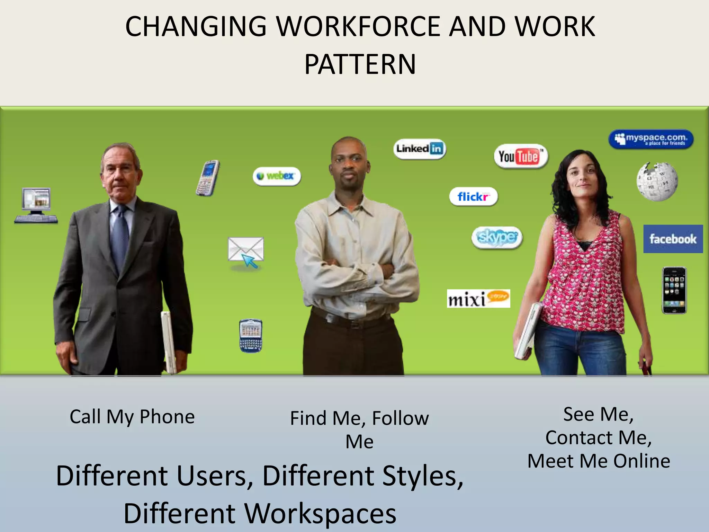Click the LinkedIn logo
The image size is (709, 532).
[x=420, y=149]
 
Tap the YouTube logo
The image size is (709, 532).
[x=520, y=156]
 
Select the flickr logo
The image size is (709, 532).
[x=473, y=197]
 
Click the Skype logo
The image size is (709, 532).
[x=497, y=238]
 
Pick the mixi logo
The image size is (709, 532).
[x=478, y=299]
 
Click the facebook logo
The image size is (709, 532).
[x=673, y=239]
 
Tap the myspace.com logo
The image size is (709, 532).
[x=651, y=139]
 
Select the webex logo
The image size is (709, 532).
[x=277, y=176]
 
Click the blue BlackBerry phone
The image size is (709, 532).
[x=251, y=336]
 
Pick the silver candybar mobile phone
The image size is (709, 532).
[x=208, y=178]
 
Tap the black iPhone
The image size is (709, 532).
[x=674, y=290]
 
